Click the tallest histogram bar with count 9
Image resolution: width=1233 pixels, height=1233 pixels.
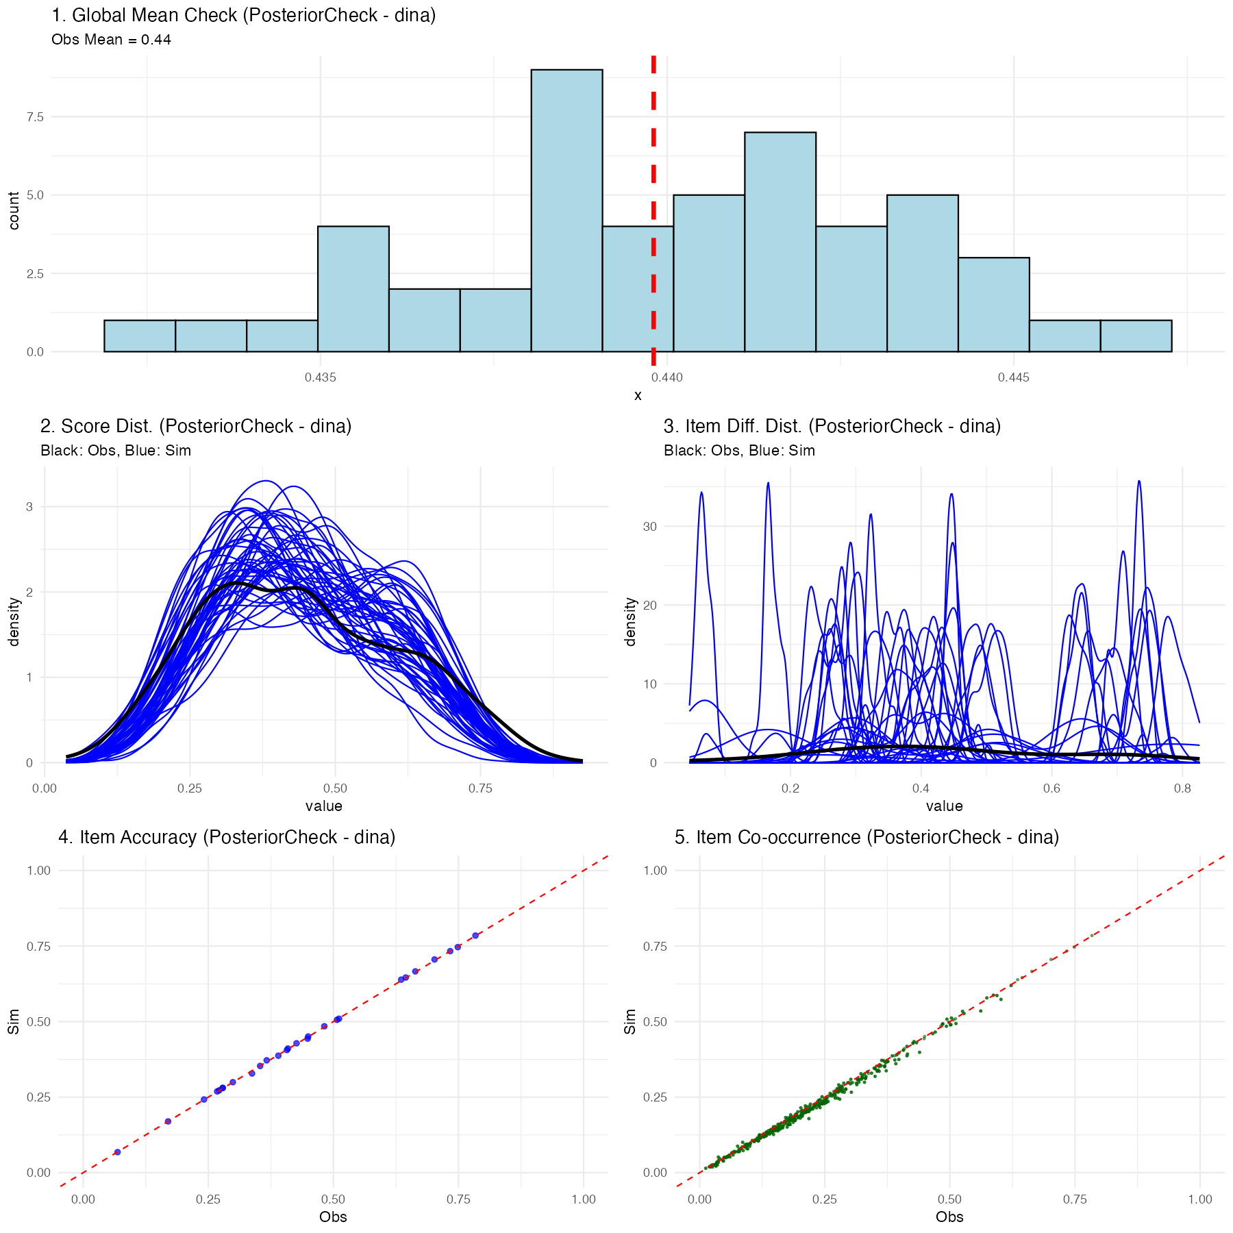pyautogui.click(x=566, y=211)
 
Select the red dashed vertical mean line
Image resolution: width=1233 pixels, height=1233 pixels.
pyautogui.click(x=653, y=206)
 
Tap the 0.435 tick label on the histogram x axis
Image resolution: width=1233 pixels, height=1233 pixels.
pyautogui.click(x=320, y=377)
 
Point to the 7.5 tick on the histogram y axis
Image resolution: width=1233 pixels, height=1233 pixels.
pyautogui.click(x=35, y=117)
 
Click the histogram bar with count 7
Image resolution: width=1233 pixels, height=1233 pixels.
pyautogui.click(x=780, y=242)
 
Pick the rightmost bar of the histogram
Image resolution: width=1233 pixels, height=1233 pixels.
pyautogui.click(x=1135, y=336)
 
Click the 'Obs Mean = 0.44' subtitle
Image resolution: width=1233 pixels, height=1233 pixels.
pyautogui.click(x=111, y=40)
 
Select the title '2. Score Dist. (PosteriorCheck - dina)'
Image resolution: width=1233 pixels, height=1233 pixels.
pyautogui.click(x=196, y=426)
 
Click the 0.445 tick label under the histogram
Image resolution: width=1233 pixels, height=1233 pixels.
pyautogui.click(x=1013, y=377)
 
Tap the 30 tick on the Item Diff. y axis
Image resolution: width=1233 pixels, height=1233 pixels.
pyautogui.click(x=649, y=527)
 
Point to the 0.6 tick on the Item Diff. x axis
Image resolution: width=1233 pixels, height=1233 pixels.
pyautogui.click(x=1051, y=788)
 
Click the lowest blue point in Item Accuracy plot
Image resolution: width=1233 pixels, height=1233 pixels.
pyautogui.click(x=117, y=1152)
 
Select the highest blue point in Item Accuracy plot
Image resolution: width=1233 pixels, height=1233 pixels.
pyautogui.click(x=475, y=935)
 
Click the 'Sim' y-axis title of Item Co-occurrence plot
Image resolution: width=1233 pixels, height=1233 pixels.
pyautogui.click(x=630, y=1021)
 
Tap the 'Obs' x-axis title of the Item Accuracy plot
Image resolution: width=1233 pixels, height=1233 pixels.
pyautogui.click(x=333, y=1217)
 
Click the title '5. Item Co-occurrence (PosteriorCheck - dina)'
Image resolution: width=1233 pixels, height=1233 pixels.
pyautogui.click(x=867, y=837)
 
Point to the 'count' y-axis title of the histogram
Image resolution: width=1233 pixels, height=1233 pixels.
pyautogui.click(x=14, y=210)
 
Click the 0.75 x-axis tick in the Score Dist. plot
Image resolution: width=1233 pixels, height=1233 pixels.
pyautogui.click(x=480, y=788)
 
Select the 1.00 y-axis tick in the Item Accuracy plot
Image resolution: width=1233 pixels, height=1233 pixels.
pyautogui.click(x=38, y=870)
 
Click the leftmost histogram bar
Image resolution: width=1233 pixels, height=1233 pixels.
pyautogui.click(x=140, y=336)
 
